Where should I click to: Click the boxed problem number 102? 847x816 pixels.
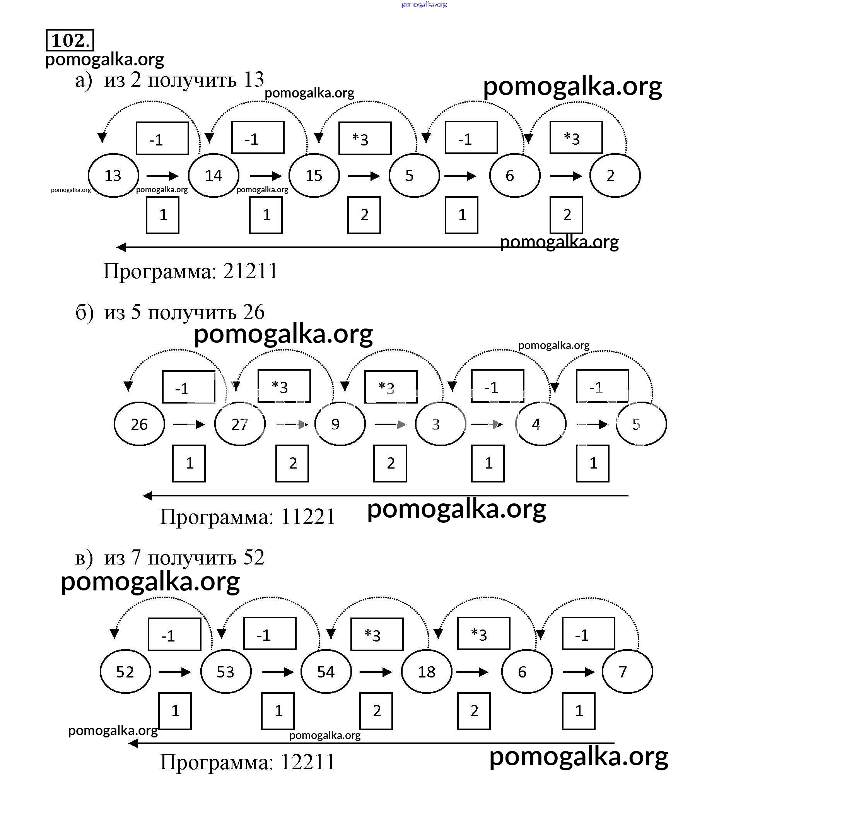70,41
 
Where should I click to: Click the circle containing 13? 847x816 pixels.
113,176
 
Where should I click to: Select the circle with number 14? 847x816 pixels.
213,176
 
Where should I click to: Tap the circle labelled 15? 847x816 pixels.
314,176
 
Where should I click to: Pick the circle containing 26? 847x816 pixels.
139,424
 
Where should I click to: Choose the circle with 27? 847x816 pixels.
240,424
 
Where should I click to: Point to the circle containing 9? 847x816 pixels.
340,424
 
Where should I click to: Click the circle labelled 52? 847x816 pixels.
125,672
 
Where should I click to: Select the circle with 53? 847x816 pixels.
225,672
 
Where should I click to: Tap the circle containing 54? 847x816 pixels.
326,672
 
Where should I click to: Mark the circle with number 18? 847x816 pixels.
427,672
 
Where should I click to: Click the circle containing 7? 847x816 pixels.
627,672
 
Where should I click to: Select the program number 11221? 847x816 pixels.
308,517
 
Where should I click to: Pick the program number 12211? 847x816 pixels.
308,762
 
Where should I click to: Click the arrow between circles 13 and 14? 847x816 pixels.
162,176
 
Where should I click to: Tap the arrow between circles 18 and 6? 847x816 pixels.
472,672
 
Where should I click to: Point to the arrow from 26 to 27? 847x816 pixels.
189,424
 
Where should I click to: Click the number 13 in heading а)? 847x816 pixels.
253,80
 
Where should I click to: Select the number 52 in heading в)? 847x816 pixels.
254,557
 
